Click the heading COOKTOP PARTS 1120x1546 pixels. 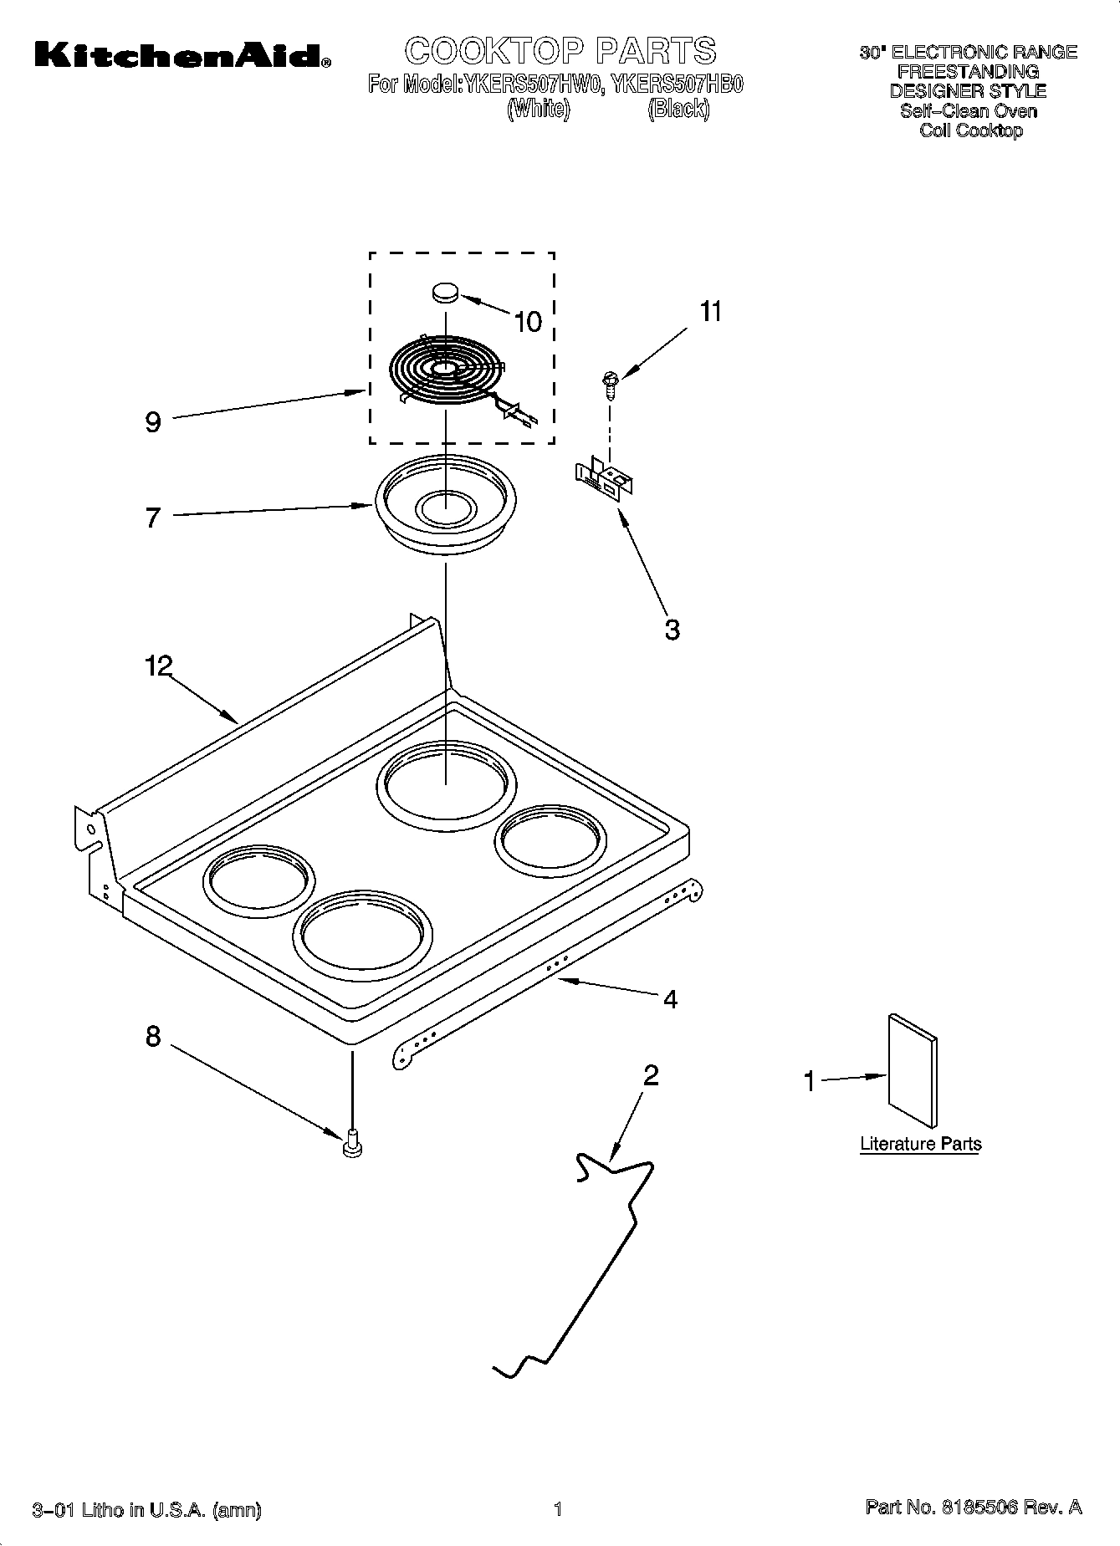(560, 51)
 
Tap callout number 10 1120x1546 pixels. (528, 321)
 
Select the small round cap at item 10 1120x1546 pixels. (446, 292)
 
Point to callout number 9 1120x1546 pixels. (153, 422)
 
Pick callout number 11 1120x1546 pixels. (709, 312)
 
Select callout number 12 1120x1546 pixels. (158, 666)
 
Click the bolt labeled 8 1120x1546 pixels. (352, 1142)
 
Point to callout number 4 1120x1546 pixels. (670, 999)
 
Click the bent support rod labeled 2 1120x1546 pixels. (586, 1288)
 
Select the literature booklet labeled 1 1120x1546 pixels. (913, 1071)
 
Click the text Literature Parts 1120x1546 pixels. (920, 1144)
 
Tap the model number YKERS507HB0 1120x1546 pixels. (677, 84)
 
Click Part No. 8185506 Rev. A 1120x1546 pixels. (974, 1508)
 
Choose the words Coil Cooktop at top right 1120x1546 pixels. (970, 130)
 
